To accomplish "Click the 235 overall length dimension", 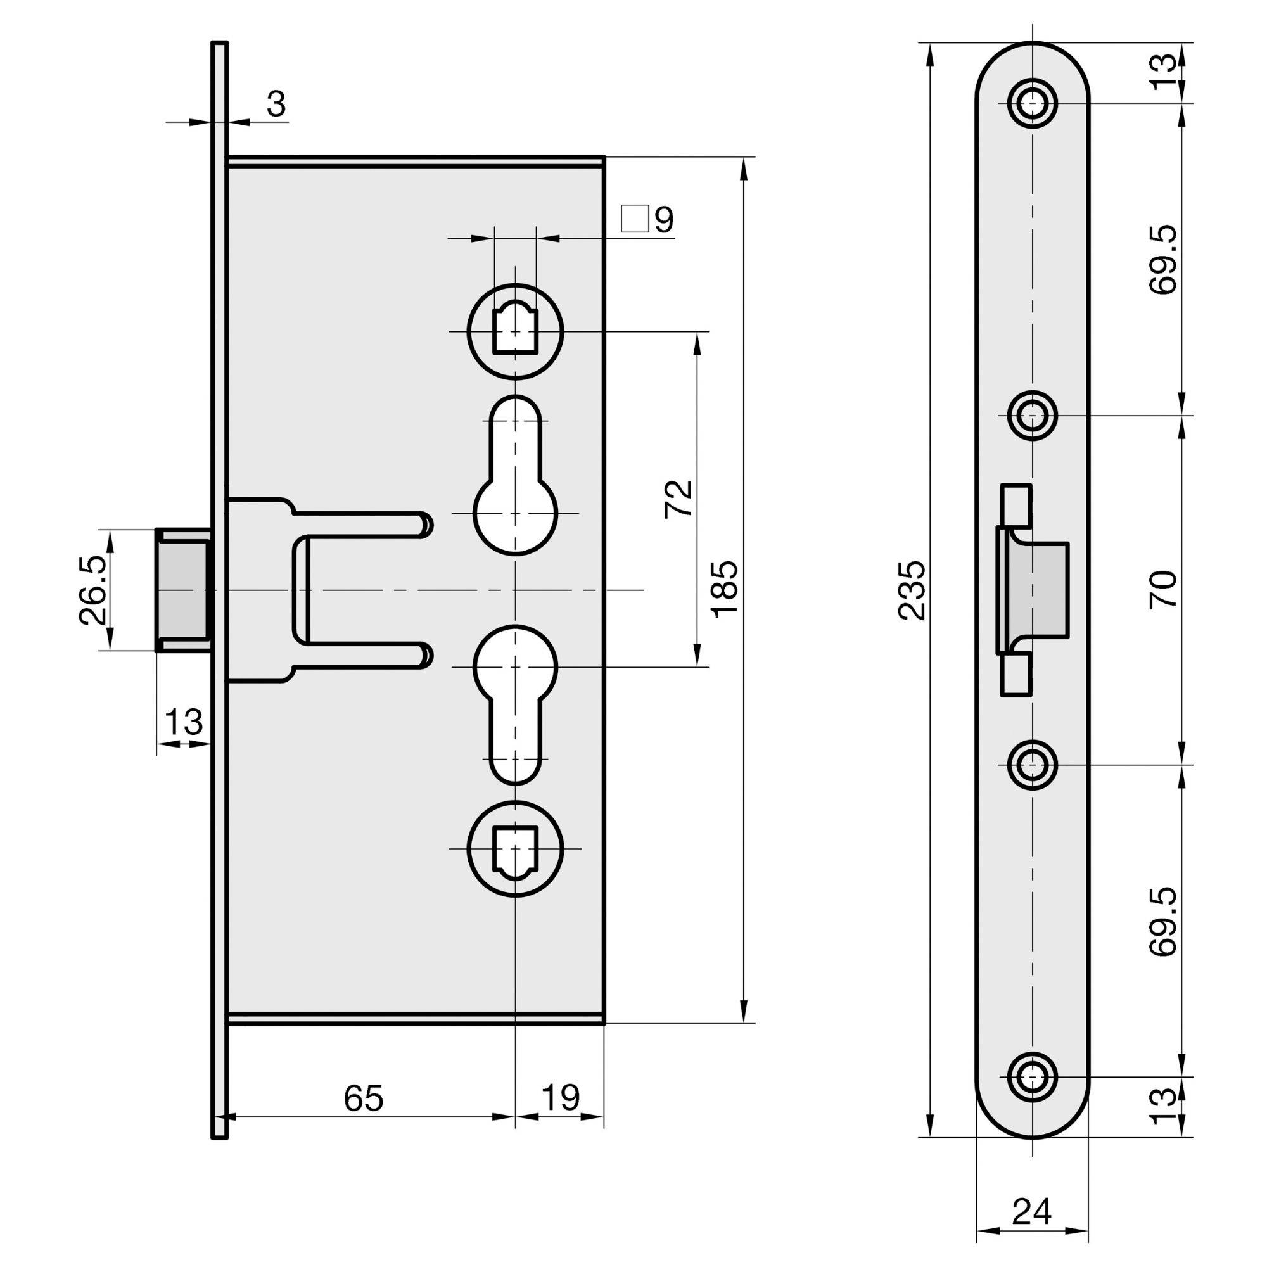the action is coord(912,590).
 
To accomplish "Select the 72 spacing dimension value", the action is coord(678,499).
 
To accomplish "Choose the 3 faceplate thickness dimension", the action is coord(277,105).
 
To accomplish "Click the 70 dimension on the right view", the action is coord(1163,590).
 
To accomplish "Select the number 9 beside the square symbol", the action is coord(664,220).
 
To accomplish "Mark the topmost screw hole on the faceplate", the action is coord(1033,103).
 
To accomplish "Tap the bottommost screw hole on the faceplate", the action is coord(1033,1077).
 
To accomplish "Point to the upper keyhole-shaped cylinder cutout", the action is coord(516,476).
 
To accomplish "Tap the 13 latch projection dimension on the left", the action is coord(184,722).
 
